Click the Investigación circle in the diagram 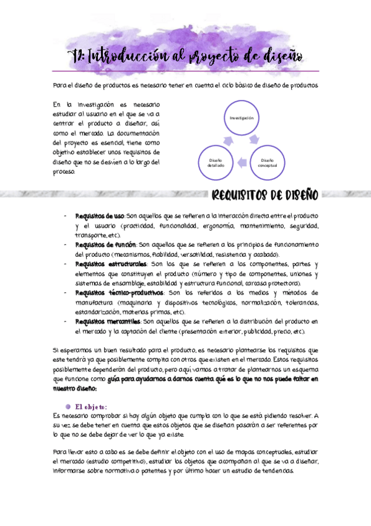click(241, 117)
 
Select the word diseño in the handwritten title click(278, 57)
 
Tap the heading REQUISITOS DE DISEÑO click(264, 196)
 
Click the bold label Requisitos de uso click(99, 216)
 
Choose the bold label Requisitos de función click(105, 244)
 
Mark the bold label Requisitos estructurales click(111, 264)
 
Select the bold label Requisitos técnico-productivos click(119, 292)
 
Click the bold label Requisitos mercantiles click(107, 321)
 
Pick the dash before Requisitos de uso click(65, 216)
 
